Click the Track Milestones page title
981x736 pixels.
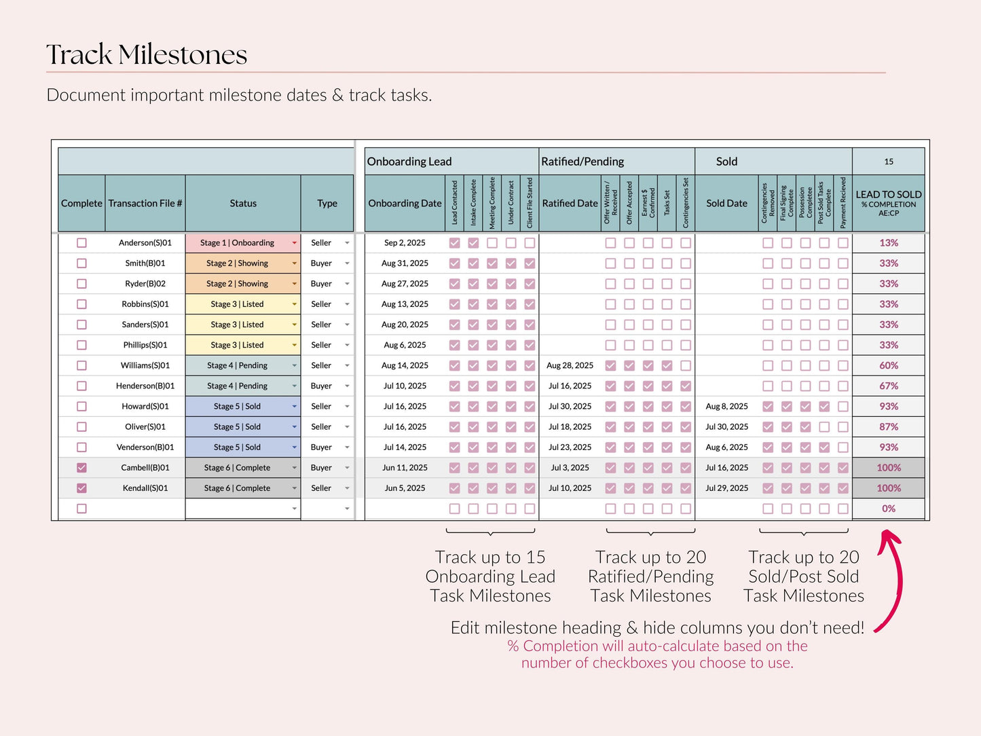[147, 54]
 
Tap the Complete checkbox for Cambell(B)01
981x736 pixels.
[81, 467]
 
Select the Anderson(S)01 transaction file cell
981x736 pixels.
[145, 242]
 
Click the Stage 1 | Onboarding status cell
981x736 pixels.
[242, 242]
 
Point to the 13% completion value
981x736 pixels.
[889, 242]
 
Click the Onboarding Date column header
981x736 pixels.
[405, 203]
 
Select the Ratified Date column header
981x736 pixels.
[570, 203]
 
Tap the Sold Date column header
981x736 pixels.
[726, 203]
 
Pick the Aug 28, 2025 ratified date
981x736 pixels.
[570, 365]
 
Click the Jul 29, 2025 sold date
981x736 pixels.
[726, 488]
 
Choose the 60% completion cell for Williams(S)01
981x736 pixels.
[889, 365]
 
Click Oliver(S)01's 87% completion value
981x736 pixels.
[889, 427]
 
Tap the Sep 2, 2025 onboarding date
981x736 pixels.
[405, 242]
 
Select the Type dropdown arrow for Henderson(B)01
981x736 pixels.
[347, 386]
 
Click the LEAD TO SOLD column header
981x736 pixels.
[889, 203]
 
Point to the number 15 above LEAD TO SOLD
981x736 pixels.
[889, 162]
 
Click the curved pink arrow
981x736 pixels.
[900, 581]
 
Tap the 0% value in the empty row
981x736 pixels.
[889, 509]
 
